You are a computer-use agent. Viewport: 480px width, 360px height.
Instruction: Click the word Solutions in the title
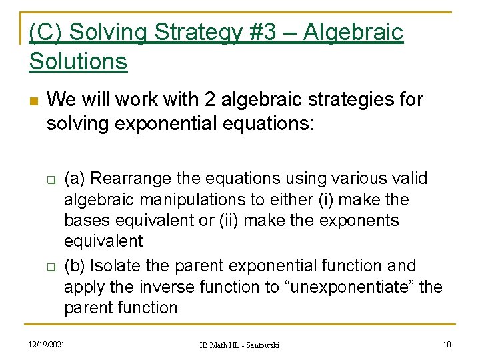(x=78, y=61)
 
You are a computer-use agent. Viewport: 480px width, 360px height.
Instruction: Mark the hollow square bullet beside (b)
(x=49, y=267)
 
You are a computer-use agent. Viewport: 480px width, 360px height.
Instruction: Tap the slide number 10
(x=447, y=344)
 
